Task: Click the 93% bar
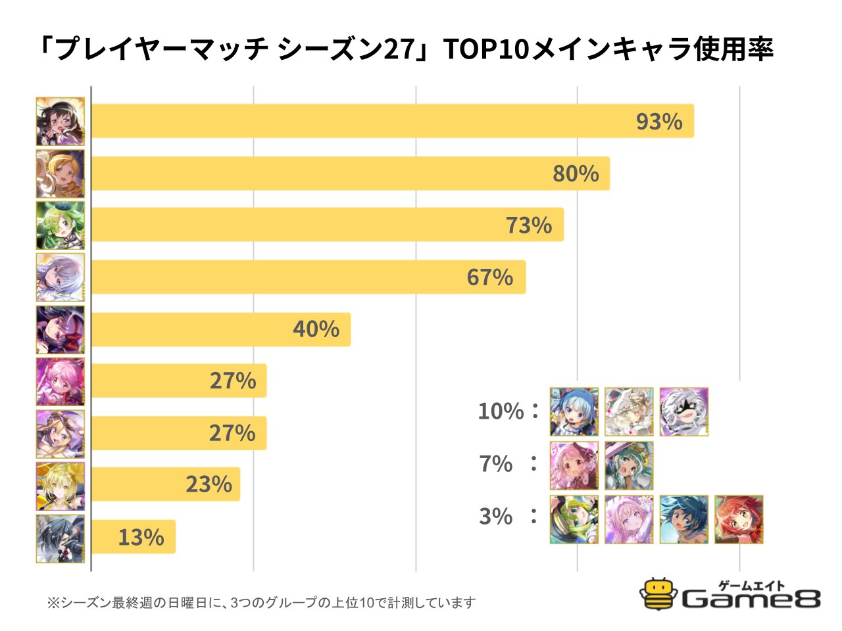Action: (392, 121)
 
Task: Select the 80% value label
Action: (576, 174)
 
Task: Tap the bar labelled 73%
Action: (327, 225)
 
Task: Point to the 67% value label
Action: (490, 277)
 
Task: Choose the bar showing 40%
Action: (220, 329)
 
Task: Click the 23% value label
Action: (209, 484)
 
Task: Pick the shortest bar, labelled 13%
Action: (133, 537)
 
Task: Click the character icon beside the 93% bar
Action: (61, 122)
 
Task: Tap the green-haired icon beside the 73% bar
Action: (61, 225)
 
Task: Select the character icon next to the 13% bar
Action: (61, 538)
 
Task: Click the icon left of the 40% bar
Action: (61, 329)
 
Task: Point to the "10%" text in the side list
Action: (501, 411)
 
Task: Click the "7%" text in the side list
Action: (496, 464)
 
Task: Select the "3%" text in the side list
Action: (496, 517)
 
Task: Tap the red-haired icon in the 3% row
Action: (739, 519)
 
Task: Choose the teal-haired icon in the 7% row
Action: (629, 465)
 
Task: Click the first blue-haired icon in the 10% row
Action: (574, 411)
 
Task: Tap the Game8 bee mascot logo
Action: (659, 594)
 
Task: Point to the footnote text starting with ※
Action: (261, 603)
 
